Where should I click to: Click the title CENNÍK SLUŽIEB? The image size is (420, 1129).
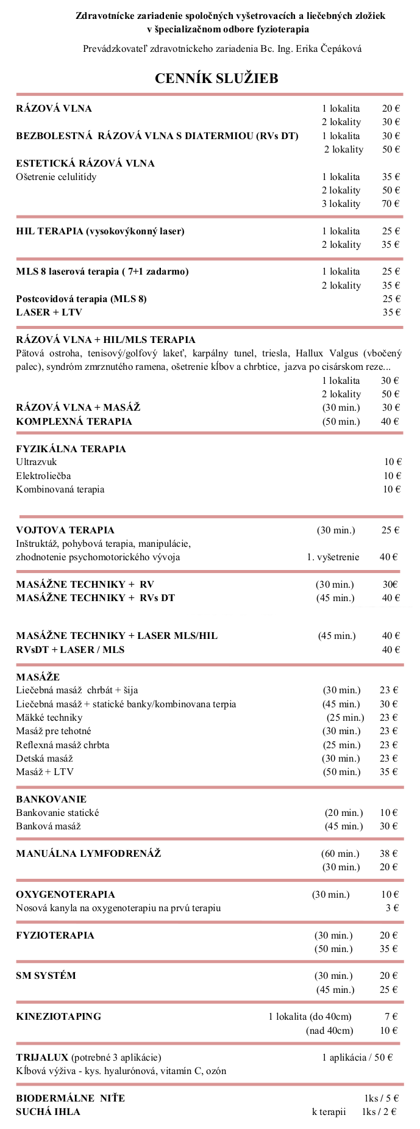[x=216, y=78]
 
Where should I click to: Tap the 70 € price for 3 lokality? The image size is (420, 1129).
[x=391, y=204]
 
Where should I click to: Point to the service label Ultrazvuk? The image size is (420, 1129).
[x=37, y=462]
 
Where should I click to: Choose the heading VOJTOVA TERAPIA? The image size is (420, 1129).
[x=65, y=530]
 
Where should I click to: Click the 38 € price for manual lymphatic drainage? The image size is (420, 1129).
[x=389, y=853]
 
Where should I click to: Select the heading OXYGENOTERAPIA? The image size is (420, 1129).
[x=65, y=894]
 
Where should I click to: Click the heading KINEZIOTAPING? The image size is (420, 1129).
[x=59, y=1016]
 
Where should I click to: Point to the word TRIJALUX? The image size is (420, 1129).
[x=42, y=1057]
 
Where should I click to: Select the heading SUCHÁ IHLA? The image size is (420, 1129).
[x=48, y=1111]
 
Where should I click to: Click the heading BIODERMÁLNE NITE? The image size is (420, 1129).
[x=70, y=1098]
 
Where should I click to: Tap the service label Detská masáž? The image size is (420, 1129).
[x=44, y=758]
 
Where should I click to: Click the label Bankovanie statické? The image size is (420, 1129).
[x=57, y=812]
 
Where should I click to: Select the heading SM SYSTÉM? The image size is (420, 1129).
[x=46, y=975]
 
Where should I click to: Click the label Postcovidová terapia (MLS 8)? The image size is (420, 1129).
[x=81, y=298]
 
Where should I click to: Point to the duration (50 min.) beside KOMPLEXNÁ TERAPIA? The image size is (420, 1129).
[x=341, y=421]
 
